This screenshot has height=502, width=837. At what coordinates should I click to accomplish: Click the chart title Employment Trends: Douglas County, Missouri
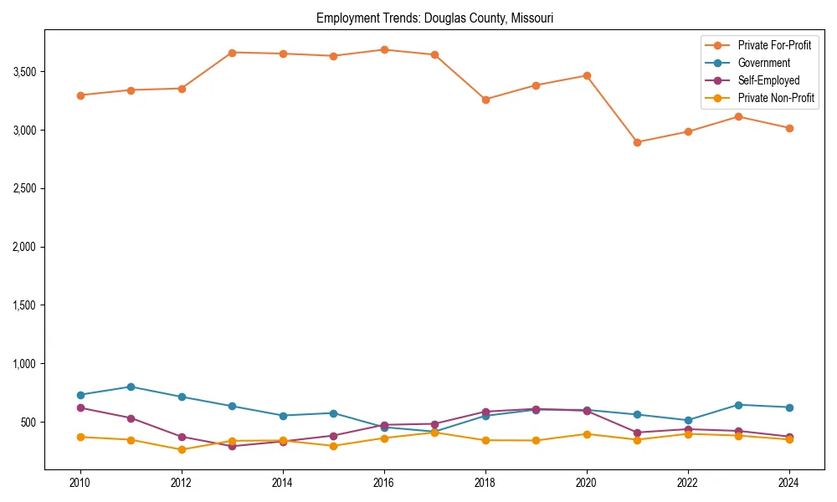tap(434, 18)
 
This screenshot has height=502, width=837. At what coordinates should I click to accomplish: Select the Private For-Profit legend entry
tap(774, 44)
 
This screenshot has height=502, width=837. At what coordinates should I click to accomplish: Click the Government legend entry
tap(763, 63)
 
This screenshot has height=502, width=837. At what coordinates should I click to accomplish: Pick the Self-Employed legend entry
tap(768, 80)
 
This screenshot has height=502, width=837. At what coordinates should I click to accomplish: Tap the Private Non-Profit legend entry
tap(776, 99)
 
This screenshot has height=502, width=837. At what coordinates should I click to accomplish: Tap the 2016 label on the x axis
tap(383, 483)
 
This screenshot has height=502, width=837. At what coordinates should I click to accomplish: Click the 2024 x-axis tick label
tap(788, 483)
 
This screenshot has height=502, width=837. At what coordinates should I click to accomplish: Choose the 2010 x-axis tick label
tap(80, 483)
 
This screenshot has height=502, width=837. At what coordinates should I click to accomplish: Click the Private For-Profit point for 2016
tap(383, 49)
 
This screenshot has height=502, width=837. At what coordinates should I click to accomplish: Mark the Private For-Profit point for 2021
tap(637, 142)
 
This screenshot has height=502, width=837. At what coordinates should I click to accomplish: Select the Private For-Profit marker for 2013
tap(232, 53)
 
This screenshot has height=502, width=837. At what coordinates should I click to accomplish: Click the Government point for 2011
tap(131, 387)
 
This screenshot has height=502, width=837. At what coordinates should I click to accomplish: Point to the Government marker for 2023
tap(738, 405)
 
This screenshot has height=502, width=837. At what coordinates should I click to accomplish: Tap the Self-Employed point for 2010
tap(80, 407)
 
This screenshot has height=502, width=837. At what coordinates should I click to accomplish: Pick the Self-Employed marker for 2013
tap(232, 446)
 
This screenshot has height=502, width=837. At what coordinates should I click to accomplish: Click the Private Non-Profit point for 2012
tap(182, 449)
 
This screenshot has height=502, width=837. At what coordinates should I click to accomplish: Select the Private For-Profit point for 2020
tap(586, 75)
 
